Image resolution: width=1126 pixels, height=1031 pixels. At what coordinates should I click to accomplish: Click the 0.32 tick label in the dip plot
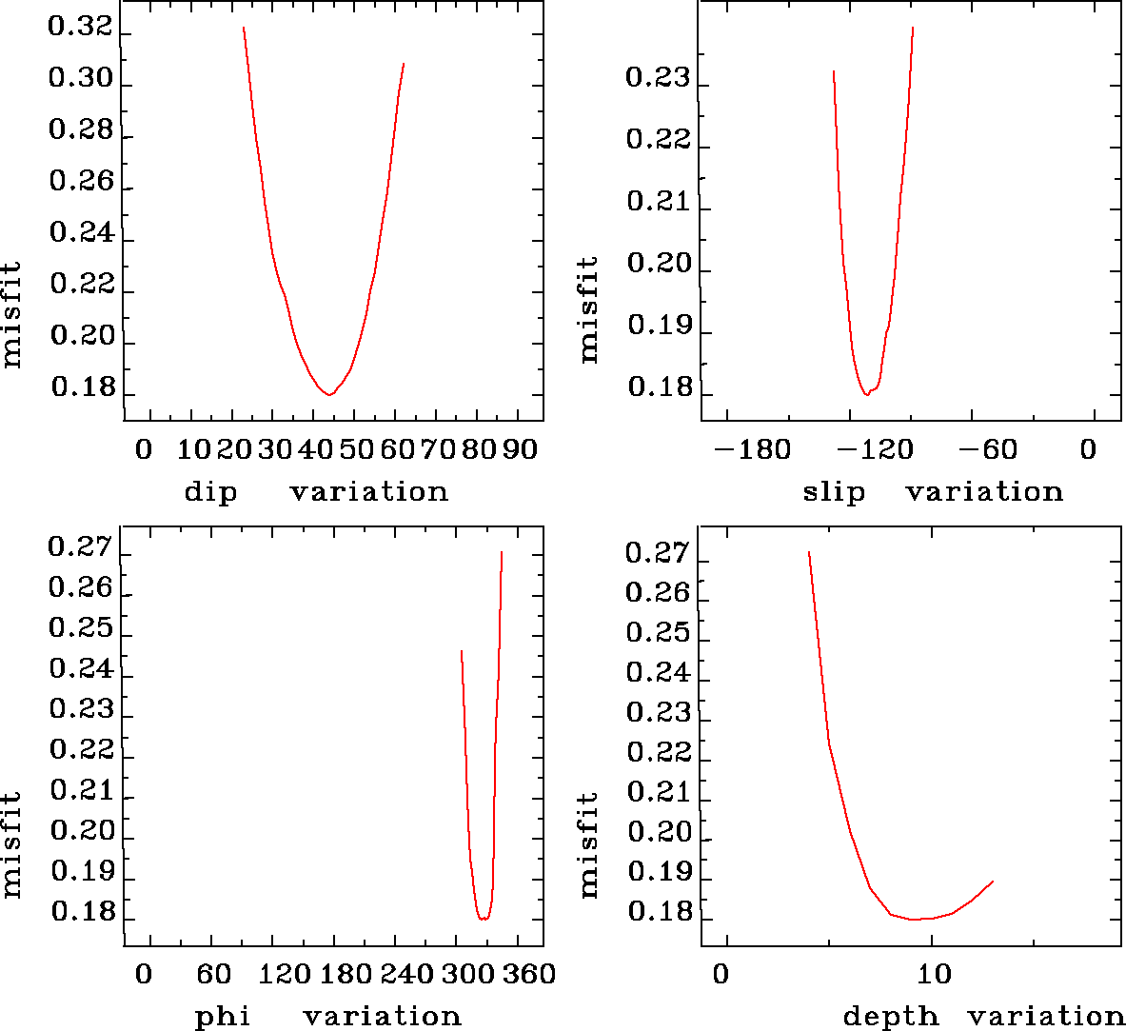pos(80,27)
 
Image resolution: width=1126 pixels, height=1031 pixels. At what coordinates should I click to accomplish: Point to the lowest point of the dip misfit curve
pos(328,394)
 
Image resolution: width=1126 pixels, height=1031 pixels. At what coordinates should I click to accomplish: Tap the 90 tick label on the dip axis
pos(520,449)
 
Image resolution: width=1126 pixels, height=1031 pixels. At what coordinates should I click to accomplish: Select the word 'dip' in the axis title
pos(210,492)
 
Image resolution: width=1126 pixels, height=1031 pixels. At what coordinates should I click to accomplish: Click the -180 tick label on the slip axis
pos(753,449)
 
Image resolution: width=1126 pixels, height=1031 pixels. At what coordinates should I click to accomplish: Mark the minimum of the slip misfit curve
pos(866,394)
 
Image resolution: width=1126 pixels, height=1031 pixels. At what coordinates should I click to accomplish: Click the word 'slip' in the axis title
pos(834,492)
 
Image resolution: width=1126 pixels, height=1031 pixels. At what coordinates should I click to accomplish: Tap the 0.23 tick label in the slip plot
pos(658,77)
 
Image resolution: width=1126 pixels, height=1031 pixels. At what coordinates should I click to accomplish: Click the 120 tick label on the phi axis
pos(286,975)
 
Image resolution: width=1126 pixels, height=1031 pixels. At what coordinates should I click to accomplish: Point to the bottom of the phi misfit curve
pos(484,920)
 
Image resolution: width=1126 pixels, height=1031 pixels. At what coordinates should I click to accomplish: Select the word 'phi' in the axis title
pos(223,1017)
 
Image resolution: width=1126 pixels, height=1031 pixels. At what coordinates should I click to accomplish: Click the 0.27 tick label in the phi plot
pos(80,546)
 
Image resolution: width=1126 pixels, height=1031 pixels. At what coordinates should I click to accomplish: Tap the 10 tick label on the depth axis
pos(934,975)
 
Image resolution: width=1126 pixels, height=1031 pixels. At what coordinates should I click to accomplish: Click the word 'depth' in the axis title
pos(891,1017)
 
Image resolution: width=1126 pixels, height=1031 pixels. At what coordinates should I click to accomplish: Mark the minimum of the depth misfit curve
pos(915,920)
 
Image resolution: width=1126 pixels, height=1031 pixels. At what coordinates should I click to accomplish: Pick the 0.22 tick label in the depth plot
pos(658,752)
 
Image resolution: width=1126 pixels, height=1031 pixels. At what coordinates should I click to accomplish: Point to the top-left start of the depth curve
pos(808,551)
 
